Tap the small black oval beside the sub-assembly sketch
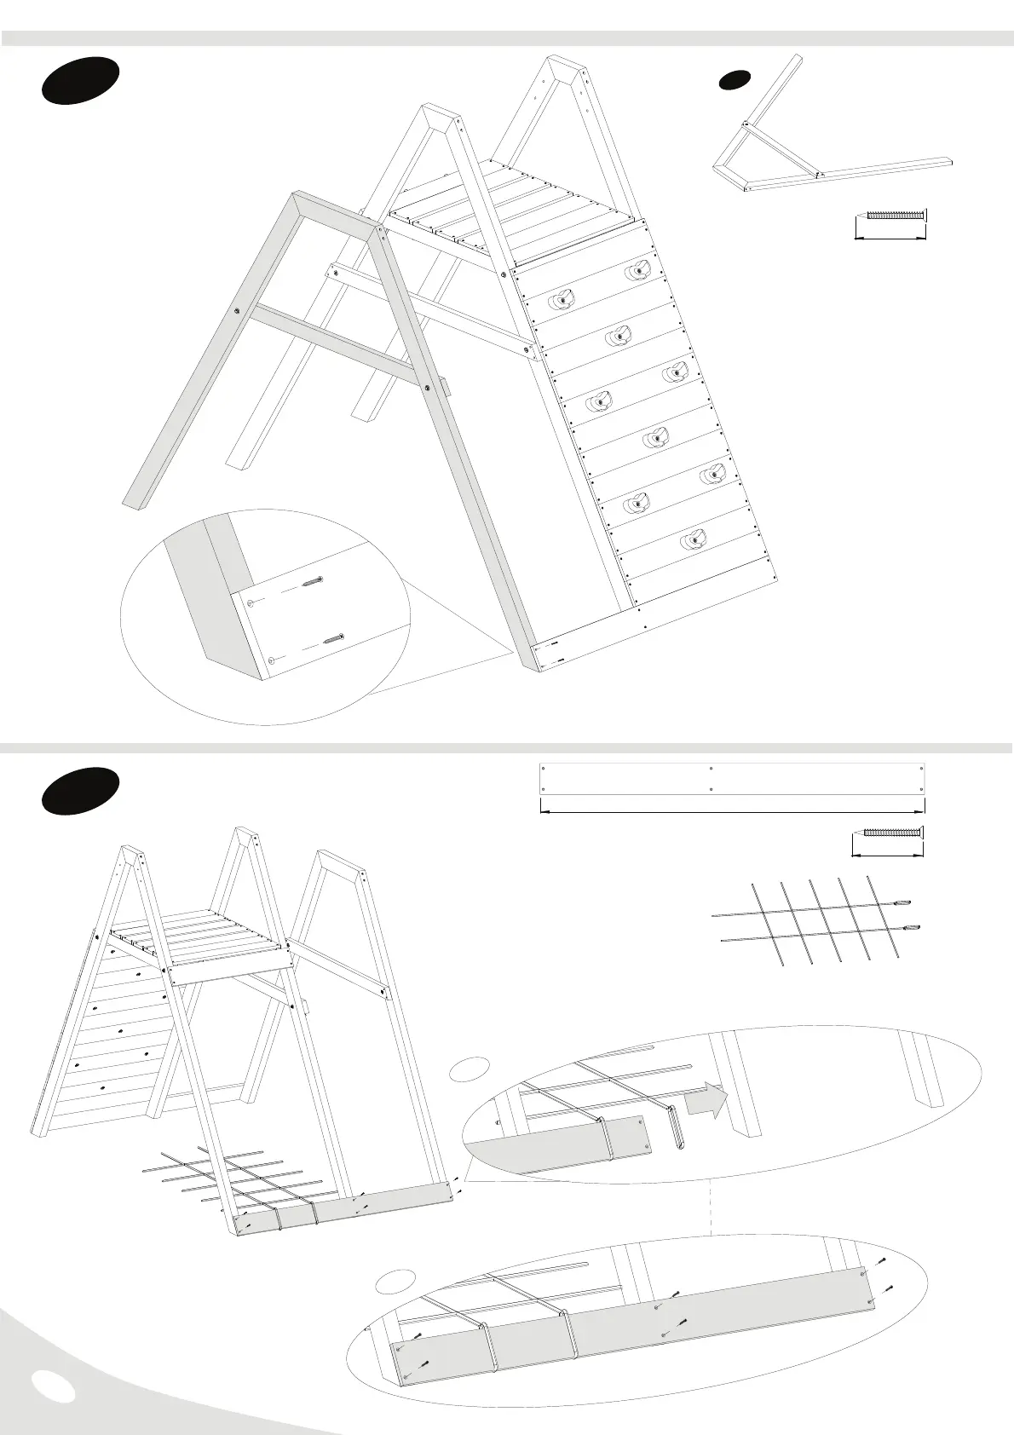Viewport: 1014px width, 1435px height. point(734,80)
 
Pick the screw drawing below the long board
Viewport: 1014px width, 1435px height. point(892,832)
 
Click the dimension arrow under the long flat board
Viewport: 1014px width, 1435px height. point(732,811)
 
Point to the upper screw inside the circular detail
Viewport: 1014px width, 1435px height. point(313,583)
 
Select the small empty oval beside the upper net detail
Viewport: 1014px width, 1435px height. point(470,1067)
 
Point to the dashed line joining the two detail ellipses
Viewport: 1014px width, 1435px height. point(711,1205)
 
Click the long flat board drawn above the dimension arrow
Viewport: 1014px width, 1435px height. point(732,778)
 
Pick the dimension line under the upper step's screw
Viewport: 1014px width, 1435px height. point(890,239)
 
